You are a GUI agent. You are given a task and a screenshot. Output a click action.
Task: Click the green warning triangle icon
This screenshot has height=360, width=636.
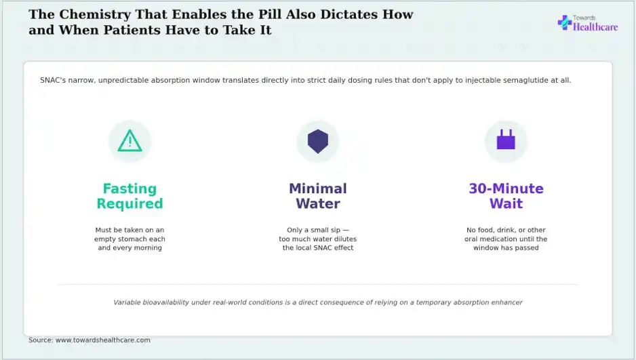(130, 140)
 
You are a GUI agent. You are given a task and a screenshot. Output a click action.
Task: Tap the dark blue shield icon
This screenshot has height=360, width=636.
(318, 142)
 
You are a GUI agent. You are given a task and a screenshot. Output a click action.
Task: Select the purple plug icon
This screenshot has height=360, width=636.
(506, 140)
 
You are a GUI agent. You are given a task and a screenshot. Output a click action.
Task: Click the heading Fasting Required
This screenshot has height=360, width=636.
(130, 196)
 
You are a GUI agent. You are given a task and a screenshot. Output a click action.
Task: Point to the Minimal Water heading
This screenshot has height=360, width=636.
(318, 196)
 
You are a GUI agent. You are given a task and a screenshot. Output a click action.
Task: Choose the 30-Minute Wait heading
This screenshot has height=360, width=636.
(506, 196)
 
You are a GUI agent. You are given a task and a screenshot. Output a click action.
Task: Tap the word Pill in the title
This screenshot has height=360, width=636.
(270, 14)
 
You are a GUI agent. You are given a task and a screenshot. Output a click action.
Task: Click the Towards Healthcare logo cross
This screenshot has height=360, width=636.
(565, 22)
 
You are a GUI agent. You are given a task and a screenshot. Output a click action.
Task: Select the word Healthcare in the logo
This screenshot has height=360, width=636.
(595, 27)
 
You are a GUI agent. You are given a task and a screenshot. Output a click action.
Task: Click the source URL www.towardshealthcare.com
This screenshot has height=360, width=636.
(102, 340)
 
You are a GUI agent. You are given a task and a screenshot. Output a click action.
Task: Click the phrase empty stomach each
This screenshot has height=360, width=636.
(130, 239)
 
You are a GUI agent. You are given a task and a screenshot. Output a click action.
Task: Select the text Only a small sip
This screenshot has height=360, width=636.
(313, 230)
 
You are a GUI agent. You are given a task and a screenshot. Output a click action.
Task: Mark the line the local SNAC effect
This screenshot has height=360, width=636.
(318, 247)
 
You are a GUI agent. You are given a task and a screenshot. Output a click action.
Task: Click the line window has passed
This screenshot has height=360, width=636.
(506, 247)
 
